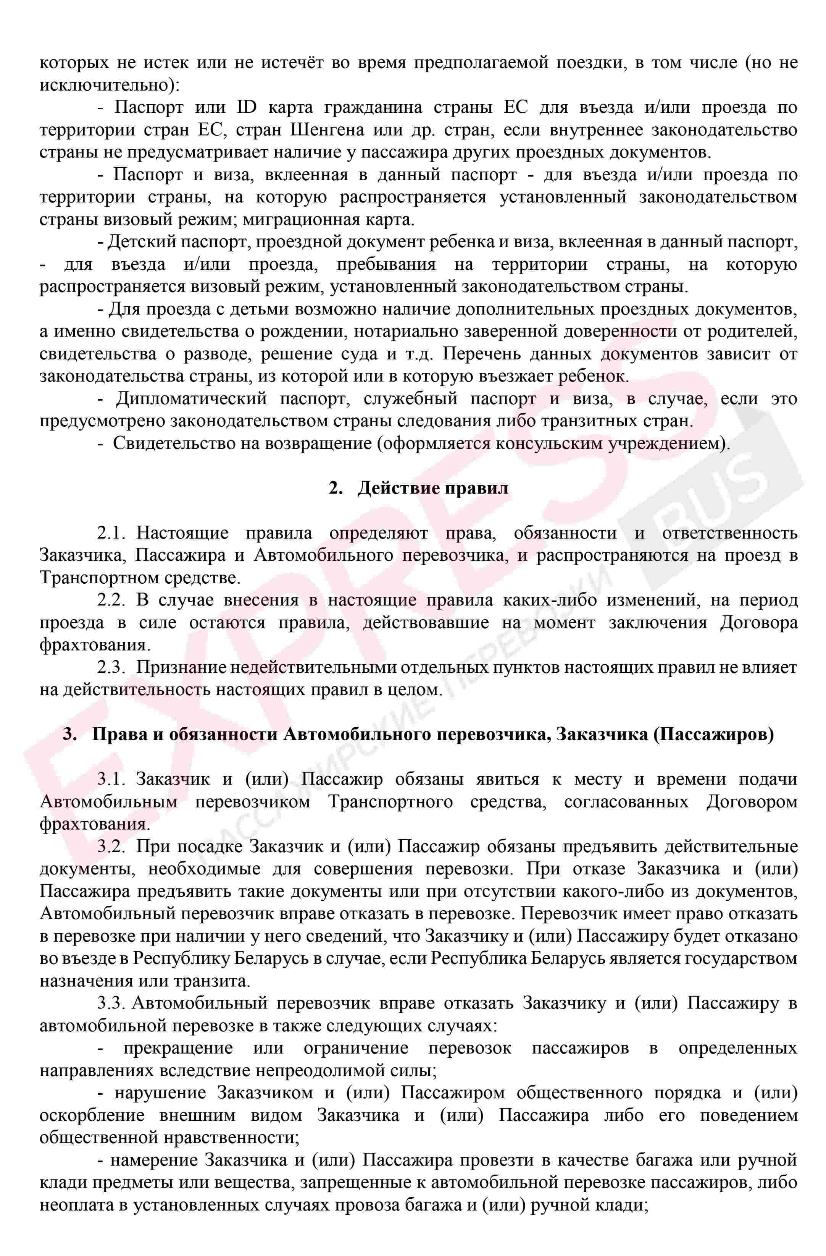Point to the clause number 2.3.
[111, 668]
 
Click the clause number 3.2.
[111, 847]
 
